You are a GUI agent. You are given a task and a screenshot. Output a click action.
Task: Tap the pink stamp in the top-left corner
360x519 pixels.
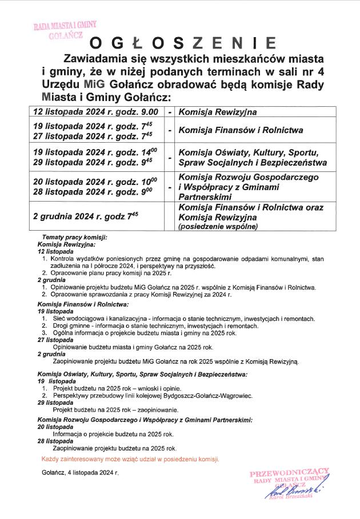click(x=66, y=30)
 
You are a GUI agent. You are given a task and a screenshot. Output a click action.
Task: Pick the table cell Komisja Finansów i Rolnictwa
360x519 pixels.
click(x=241, y=130)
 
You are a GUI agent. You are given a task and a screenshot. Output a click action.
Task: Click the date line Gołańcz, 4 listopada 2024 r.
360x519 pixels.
click(x=80, y=473)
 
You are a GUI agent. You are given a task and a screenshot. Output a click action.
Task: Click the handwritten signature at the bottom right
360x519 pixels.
click(x=294, y=490)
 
